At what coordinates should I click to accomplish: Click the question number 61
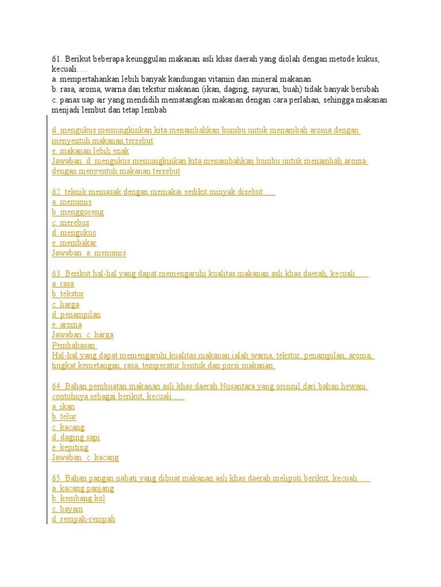(56, 59)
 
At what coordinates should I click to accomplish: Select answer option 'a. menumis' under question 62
(72, 202)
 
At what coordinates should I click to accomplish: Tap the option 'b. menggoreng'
(78, 212)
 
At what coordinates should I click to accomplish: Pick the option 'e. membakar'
(74, 243)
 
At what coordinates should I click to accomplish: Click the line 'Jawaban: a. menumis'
(88, 253)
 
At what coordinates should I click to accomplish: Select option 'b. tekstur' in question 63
(68, 294)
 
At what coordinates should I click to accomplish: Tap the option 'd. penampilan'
(76, 315)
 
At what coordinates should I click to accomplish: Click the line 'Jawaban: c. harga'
(83, 335)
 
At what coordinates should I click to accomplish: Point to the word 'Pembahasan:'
(74, 345)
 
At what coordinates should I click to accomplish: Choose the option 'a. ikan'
(63, 406)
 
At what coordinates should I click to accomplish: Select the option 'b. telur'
(64, 417)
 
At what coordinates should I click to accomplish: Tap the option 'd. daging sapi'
(76, 437)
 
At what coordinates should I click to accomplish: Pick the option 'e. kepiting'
(70, 448)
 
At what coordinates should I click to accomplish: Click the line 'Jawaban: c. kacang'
(85, 457)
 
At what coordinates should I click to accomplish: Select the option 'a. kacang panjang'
(83, 488)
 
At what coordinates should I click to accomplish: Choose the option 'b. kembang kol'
(79, 499)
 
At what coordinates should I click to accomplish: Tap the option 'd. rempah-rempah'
(83, 519)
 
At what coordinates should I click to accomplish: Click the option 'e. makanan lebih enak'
(90, 151)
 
